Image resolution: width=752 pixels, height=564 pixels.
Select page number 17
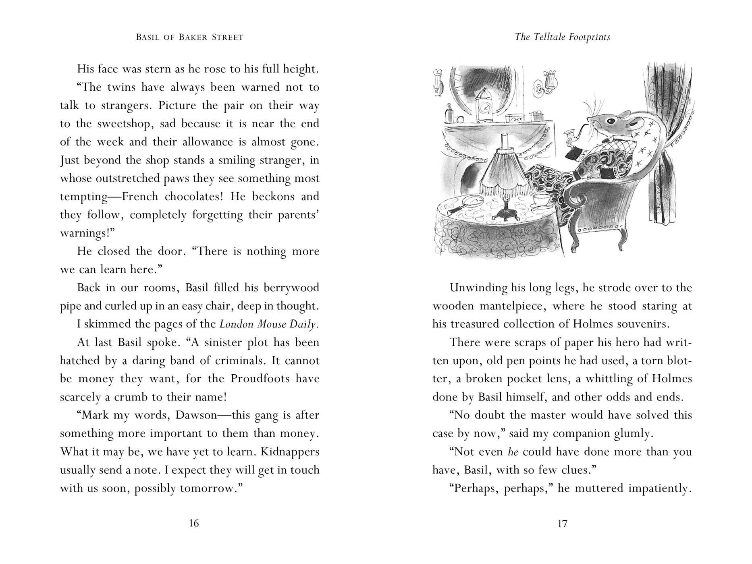pos(562,523)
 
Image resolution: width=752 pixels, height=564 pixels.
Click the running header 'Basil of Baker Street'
pos(190,37)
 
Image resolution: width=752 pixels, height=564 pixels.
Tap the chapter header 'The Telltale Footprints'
pos(563,37)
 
